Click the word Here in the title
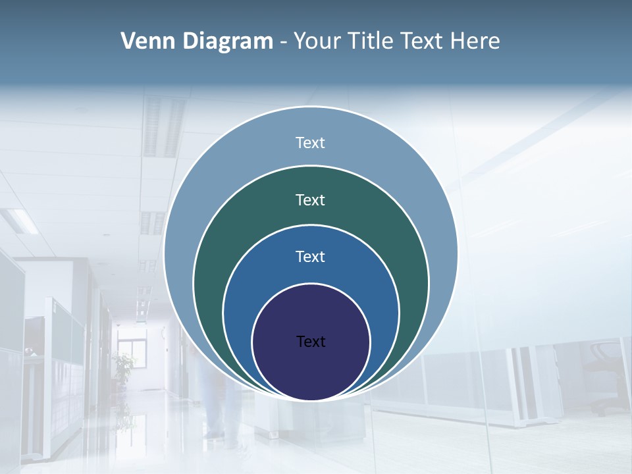475,41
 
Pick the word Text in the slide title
423,41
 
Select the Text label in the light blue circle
310,143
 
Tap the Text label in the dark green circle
310,199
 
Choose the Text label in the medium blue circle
310,257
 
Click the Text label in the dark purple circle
311,342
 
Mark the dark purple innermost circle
311,369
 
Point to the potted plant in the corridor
123,366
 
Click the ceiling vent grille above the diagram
163,125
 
